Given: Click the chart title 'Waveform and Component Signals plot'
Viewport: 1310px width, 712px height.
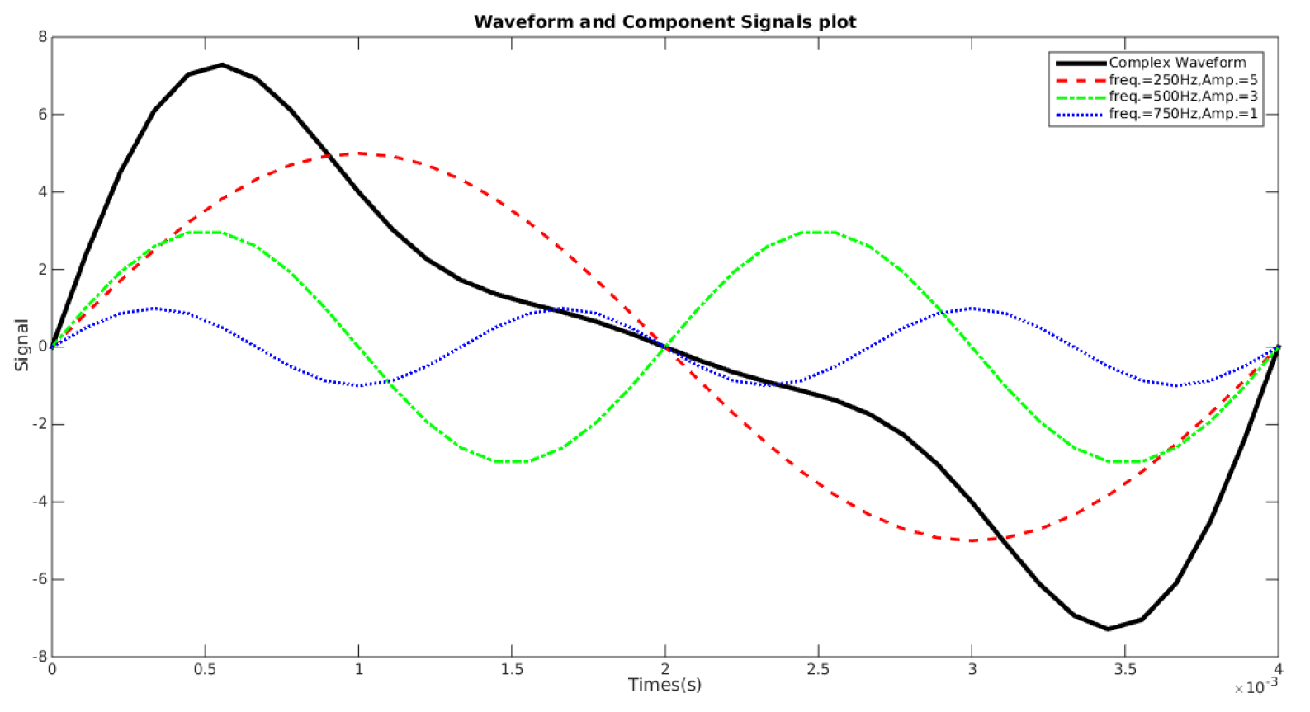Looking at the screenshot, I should coord(664,22).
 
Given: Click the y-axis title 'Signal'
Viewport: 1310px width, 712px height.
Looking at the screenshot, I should coord(21,345).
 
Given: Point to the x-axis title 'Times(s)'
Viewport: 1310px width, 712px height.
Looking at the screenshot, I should coord(664,685).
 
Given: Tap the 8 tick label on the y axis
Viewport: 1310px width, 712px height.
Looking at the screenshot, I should coord(43,37).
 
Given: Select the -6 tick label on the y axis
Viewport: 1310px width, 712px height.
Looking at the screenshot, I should coord(40,579).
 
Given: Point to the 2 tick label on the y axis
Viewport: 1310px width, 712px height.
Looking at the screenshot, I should coord(43,270).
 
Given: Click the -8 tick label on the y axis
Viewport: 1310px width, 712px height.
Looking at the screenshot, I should coord(40,657).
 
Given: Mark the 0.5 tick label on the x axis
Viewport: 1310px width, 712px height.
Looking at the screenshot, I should coord(205,669).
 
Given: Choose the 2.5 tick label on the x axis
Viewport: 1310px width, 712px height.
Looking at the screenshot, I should coord(818,669).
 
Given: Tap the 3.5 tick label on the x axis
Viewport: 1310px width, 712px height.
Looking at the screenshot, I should coord(1125,669).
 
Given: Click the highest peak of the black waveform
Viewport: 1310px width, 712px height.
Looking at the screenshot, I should coord(222,64).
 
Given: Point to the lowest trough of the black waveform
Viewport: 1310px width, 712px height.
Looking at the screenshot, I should coord(1108,629).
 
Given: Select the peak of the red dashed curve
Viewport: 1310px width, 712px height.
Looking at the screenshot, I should coord(358,153).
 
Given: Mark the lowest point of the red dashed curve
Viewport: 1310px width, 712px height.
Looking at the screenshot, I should coord(972,540).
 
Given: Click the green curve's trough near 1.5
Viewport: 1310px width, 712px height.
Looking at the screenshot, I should coord(512,461).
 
